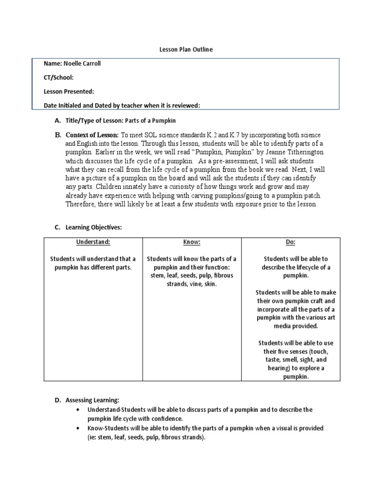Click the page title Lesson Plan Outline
point(186,49)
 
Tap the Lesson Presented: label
point(69,92)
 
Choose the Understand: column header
point(93,242)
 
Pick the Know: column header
point(191,242)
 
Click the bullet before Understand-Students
point(78,410)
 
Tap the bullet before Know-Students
point(78,429)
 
